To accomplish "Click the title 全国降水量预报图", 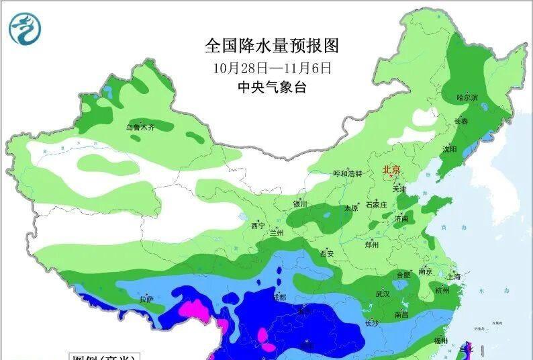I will tap(272, 46).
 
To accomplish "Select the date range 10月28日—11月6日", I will tap(272, 68).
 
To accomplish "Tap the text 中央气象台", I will tap(272, 87).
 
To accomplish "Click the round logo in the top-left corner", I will tap(26, 29).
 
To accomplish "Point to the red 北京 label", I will tap(391, 171).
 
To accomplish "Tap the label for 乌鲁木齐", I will tap(140, 127).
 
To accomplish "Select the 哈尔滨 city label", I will tap(467, 98).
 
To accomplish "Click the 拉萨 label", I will tap(146, 299).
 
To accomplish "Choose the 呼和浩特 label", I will tap(348, 173).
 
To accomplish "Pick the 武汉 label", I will tap(383, 294).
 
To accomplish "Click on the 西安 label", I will tap(327, 254).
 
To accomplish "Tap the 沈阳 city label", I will tap(448, 148).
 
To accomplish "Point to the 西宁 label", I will tap(258, 226).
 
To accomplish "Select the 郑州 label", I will tap(371, 245).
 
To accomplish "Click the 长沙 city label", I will tap(373, 323).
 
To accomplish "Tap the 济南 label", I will tap(401, 219).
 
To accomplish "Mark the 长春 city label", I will tap(461, 122).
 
